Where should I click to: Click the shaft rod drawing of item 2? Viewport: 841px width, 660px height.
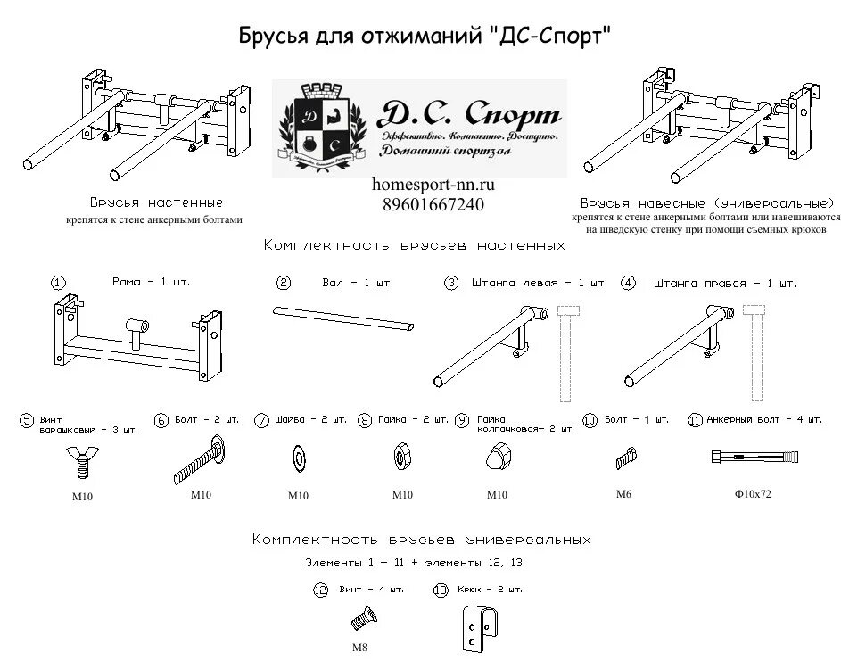[344, 318]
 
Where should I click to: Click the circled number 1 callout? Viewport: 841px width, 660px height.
[58, 284]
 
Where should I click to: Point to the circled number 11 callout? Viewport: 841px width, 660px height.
[695, 420]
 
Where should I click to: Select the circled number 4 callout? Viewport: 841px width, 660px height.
[629, 284]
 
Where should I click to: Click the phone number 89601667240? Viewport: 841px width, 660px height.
[433, 203]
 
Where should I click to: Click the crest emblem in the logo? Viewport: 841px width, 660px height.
[323, 128]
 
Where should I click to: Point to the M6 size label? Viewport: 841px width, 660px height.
[623, 493]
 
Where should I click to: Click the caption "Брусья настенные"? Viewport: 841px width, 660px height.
[156, 203]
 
